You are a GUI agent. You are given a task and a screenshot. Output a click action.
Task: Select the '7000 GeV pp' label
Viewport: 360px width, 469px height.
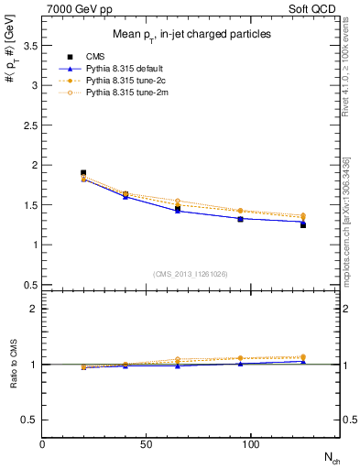pos(71,7)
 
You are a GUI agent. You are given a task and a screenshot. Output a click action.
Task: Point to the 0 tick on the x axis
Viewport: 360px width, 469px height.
pos(43,444)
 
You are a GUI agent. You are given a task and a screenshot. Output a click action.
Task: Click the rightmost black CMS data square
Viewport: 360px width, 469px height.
pos(302,224)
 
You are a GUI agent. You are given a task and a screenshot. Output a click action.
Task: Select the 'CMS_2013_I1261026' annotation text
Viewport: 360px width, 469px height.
pos(191,275)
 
